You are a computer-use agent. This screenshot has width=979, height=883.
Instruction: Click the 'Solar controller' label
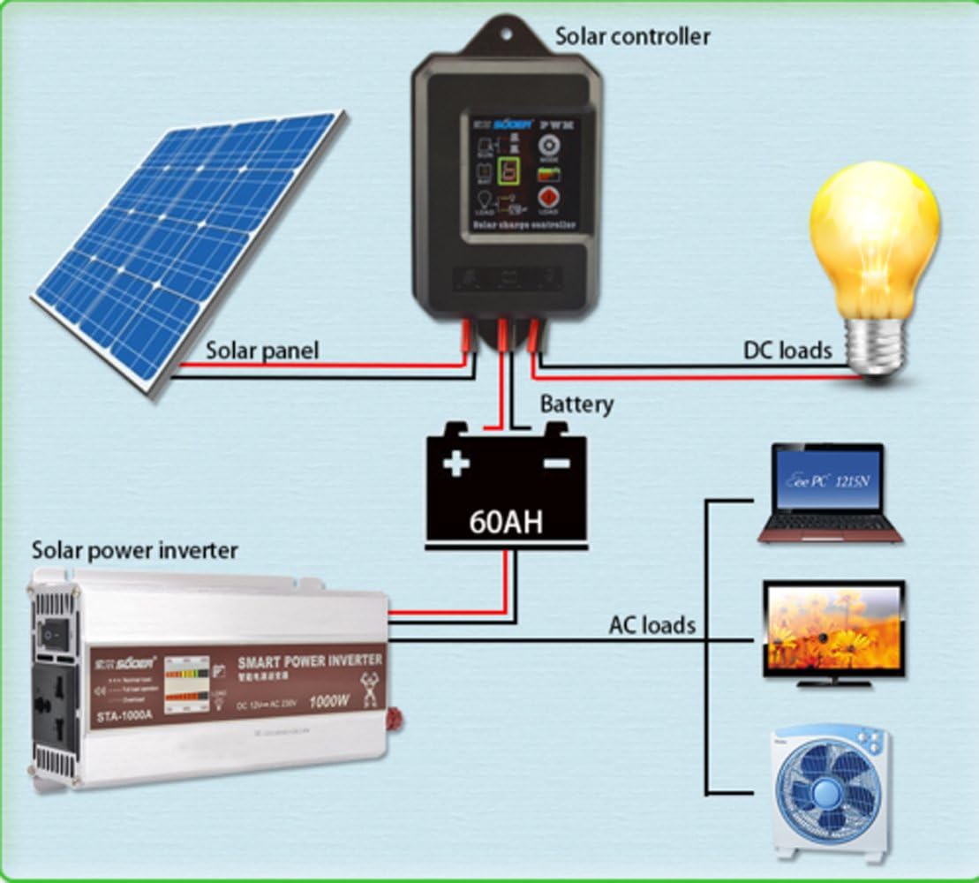tap(632, 36)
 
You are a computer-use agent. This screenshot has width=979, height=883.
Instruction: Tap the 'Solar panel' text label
tap(262, 350)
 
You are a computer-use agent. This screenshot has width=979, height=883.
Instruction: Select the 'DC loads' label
tap(787, 350)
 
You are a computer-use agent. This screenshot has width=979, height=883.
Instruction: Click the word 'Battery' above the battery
tap(576, 404)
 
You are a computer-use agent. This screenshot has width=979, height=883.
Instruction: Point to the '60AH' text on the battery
tap(506, 521)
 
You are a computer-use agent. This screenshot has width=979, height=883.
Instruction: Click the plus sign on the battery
tap(456, 463)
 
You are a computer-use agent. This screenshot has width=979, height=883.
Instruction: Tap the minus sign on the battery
tap(554, 463)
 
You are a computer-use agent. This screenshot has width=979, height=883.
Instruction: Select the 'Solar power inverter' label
tap(134, 551)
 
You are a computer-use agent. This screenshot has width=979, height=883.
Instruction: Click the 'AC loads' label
tap(651, 625)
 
